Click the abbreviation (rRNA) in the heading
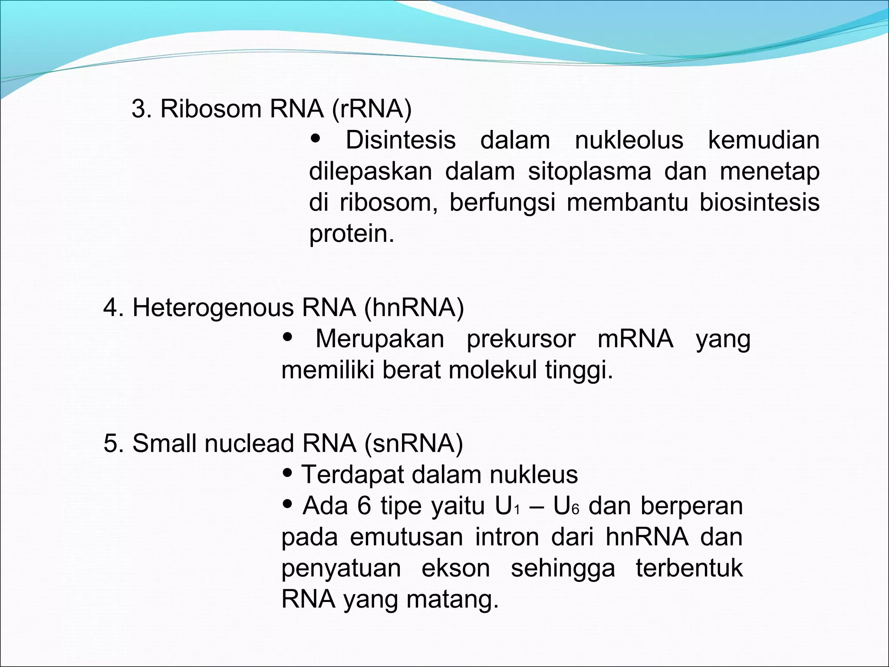[372, 109]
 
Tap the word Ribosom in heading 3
[211, 109]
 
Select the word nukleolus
[629, 140]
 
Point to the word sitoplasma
[589, 172]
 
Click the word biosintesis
[759, 203]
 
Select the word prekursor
[521, 339]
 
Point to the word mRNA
[635, 339]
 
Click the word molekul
[493, 370]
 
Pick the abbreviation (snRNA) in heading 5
[414, 443]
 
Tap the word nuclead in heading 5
[249, 443]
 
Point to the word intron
[507, 537]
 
